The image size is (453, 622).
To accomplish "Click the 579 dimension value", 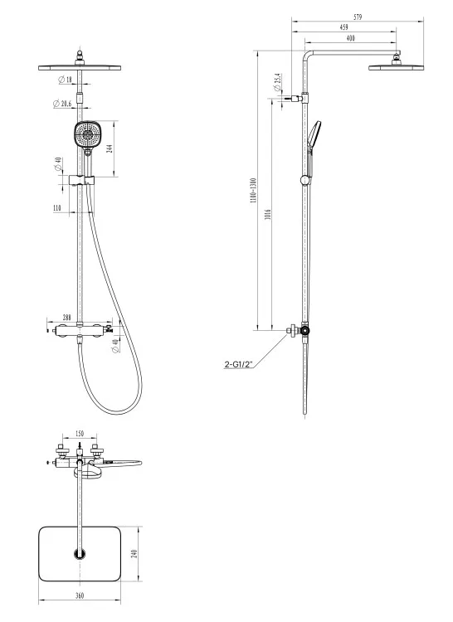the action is click(x=358, y=17).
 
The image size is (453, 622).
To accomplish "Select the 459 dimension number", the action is click(x=344, y=27).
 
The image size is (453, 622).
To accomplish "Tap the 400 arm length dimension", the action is click(x=350, y=38).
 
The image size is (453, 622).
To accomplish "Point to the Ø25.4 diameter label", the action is click(x=278, y=82).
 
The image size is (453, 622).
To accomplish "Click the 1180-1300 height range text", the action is click(x=254, y=191).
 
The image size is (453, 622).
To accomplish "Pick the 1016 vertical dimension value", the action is click(x=268, y=215).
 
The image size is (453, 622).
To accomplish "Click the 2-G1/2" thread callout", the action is click(x=238, y=365).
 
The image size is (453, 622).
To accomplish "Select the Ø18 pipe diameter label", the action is click(x=66, y=80).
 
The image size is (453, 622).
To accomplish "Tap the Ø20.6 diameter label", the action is click(x=62, y=104).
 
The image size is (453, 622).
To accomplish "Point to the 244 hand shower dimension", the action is click(x=110, y=148).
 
